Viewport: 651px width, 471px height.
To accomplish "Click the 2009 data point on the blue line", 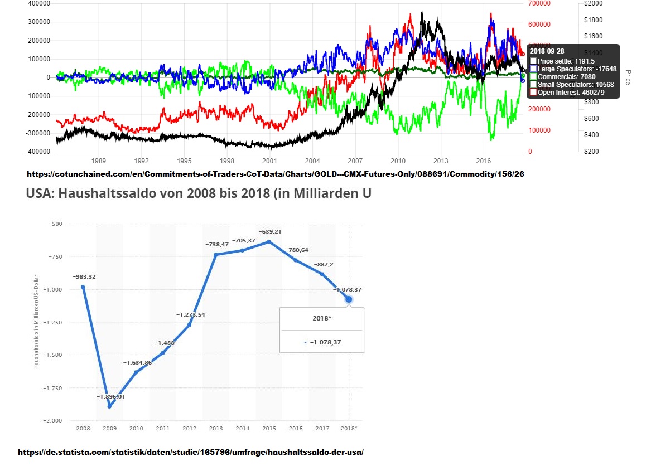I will pyautogui.click(x=109, y=406).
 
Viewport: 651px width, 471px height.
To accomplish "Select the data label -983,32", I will pyautogui.click(x=84, y=276).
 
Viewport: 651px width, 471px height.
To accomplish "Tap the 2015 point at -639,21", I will pyautogui.click(x=269, y=241).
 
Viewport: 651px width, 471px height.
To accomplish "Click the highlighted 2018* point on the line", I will pyautogui.click(x=349, y=299).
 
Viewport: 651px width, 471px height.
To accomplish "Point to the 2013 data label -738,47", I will pyautogui.click(x=216, y=244).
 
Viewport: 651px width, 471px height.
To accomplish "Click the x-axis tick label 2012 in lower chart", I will pyautogui.click(x=189, y=428).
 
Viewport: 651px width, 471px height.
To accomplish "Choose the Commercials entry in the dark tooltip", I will pyautogui.click(x=566, y=77).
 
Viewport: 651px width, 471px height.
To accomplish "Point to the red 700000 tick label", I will pyautogui.click(x=539, y=3).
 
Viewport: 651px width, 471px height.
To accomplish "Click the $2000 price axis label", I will pyautogui.click(x=593, y=3).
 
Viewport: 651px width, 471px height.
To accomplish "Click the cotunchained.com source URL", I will pyautogui.click(x=275, y=174).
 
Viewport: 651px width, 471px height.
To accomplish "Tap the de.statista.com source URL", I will pyautogui.click(x=191, y=452).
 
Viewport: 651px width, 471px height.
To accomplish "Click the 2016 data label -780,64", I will pyautogui.click(x=297, y=250).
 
